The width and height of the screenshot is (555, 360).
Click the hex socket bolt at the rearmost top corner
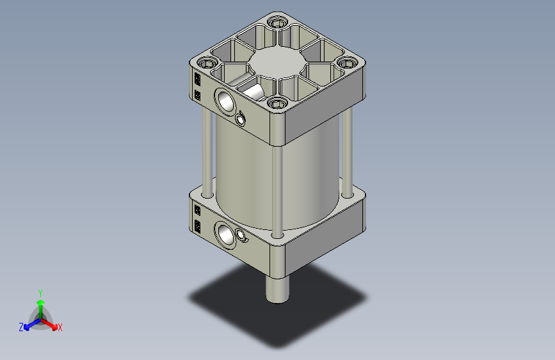coord(277,23)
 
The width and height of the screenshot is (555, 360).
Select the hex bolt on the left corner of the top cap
coord(206,64)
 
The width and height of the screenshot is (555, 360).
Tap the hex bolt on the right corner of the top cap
coord(347,63)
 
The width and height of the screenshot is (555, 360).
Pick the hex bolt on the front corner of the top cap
coord(277,104)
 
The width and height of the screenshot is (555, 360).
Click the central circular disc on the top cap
coord(277,63)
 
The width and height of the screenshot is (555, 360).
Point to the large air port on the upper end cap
coord(225,101)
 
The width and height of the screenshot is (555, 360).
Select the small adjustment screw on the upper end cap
coord(241,120)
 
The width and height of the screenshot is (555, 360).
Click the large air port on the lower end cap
coord(225,235)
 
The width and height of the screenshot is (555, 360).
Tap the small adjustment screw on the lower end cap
coord(241,234)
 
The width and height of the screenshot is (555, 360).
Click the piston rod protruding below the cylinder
coord(277,289)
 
